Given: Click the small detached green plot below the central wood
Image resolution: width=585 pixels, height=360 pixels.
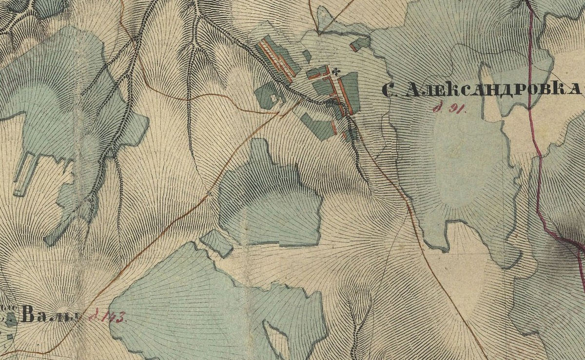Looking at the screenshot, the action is [x=216, y=242].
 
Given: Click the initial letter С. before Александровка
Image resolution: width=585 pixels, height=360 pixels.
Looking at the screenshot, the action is [x=389, y=90].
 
